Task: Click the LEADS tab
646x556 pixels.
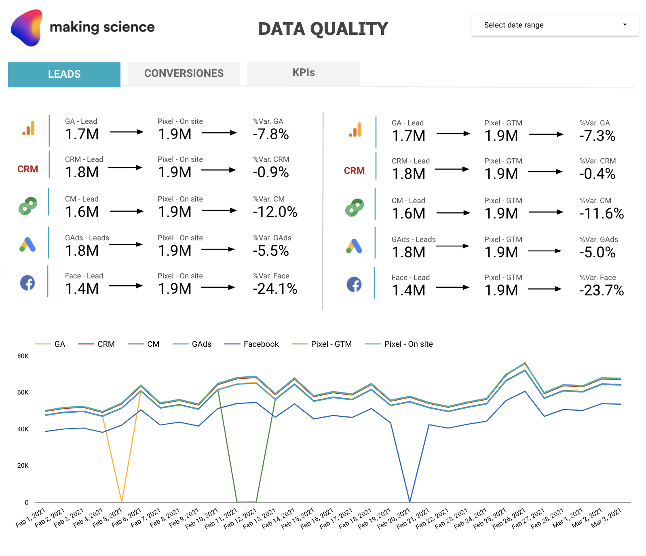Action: click(64, 74)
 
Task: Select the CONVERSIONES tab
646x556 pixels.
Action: click(184, 74)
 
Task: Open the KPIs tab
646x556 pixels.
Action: click(304, 73)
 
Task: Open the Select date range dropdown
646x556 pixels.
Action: click(555, 25)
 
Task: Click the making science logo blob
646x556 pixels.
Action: click(27, 28)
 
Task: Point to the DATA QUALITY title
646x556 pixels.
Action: click(323, 29)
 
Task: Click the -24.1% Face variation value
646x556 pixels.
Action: click(275, 289)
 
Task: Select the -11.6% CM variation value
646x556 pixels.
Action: click(602, 214)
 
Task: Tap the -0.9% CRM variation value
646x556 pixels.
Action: click(271, 172)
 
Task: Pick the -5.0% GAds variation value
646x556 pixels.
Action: click(597, 253)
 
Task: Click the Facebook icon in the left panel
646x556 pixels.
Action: click(27, 282)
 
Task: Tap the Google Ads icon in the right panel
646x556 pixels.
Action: click(354, 246)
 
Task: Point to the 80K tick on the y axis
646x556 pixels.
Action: click(23, 356)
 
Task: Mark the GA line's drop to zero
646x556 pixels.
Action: click(122, 501)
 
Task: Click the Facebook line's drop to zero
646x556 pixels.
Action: click(410, 501)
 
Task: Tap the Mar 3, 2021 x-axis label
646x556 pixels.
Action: click(606, 518)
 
